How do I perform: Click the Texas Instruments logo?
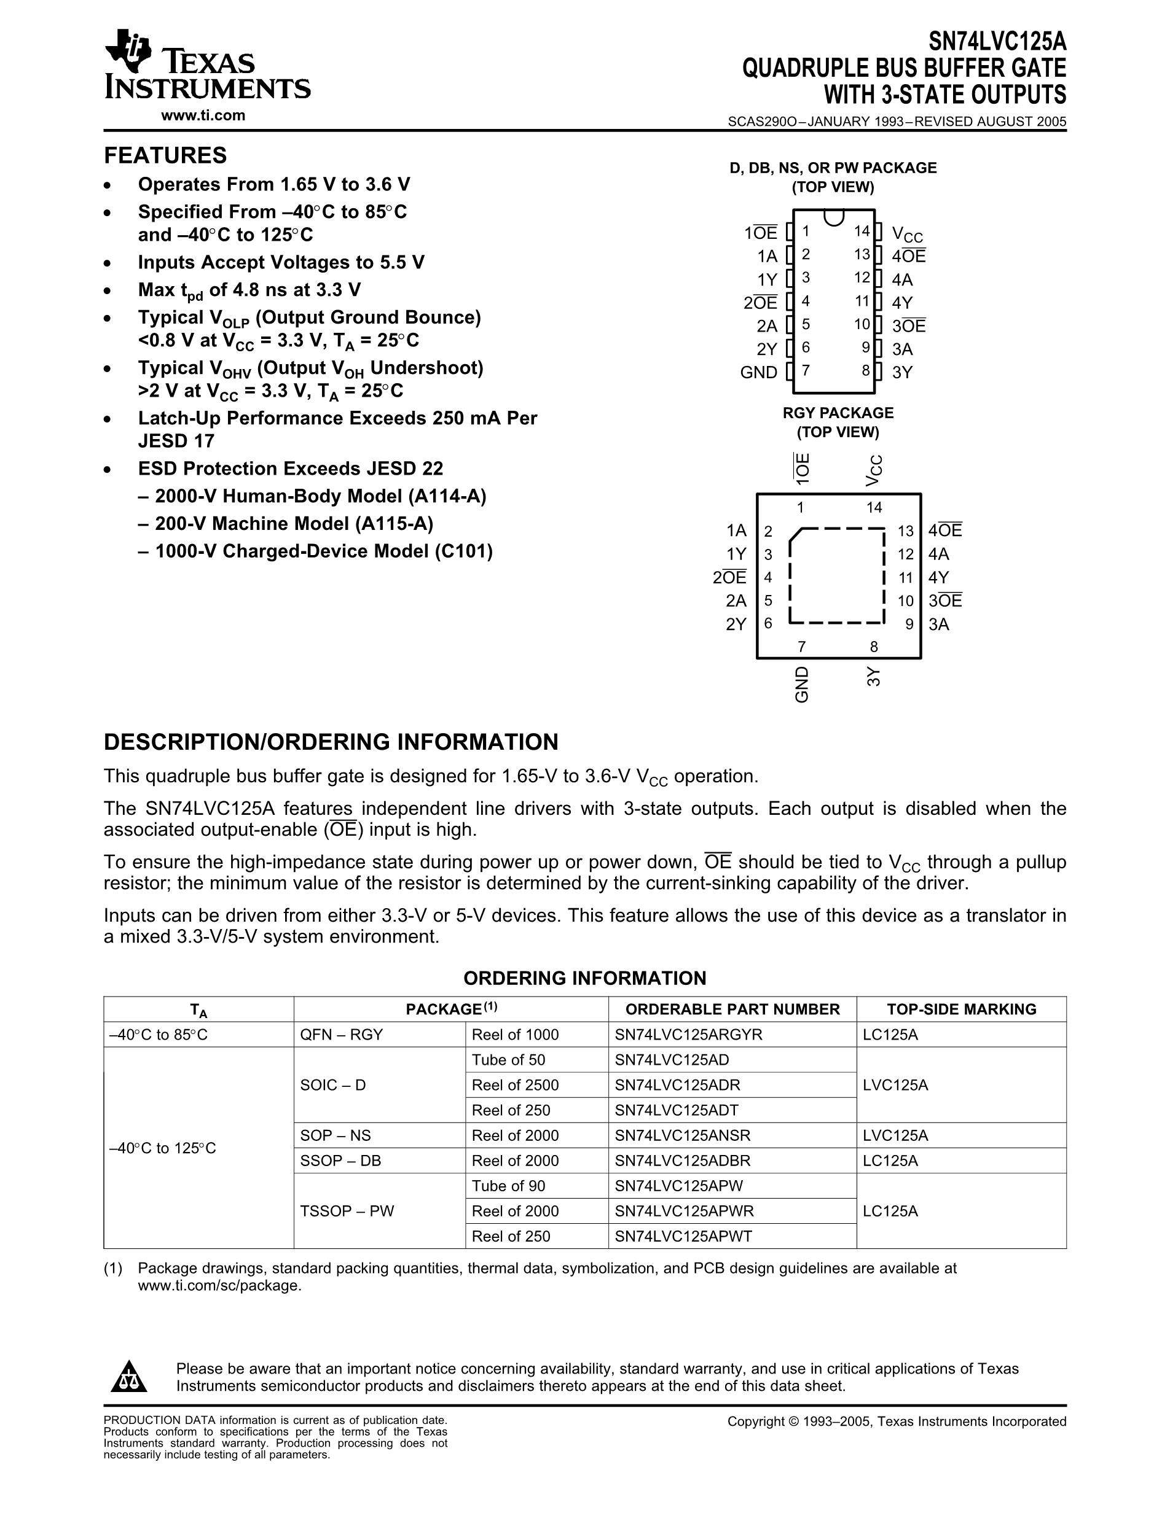206,65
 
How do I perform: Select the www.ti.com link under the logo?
203,115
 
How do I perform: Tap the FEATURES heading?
165,155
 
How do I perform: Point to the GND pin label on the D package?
758,373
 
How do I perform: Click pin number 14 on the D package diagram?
862,231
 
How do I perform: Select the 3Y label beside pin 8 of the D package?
901,373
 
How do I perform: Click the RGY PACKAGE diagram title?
838,413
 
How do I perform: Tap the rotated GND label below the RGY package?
802,685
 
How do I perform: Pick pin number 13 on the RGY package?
905,531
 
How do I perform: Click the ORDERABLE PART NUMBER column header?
732,1009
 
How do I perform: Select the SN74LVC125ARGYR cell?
688,1035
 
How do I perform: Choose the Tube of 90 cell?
508,1186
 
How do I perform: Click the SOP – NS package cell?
336,1135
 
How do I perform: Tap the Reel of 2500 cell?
515,1085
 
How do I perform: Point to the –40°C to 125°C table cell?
163,1148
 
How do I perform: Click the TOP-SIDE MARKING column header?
961,1009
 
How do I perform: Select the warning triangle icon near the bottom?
128,1377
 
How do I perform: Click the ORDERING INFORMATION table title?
584,978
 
